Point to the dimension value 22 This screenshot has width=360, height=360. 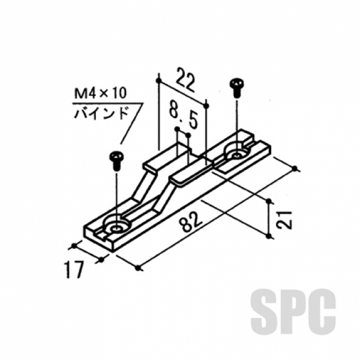[185, 80]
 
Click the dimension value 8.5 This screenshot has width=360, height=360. [182, 114]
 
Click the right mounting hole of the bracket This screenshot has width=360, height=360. [236, 153]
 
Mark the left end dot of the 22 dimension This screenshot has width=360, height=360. [158, 79]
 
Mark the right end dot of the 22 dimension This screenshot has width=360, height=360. [206, 106]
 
